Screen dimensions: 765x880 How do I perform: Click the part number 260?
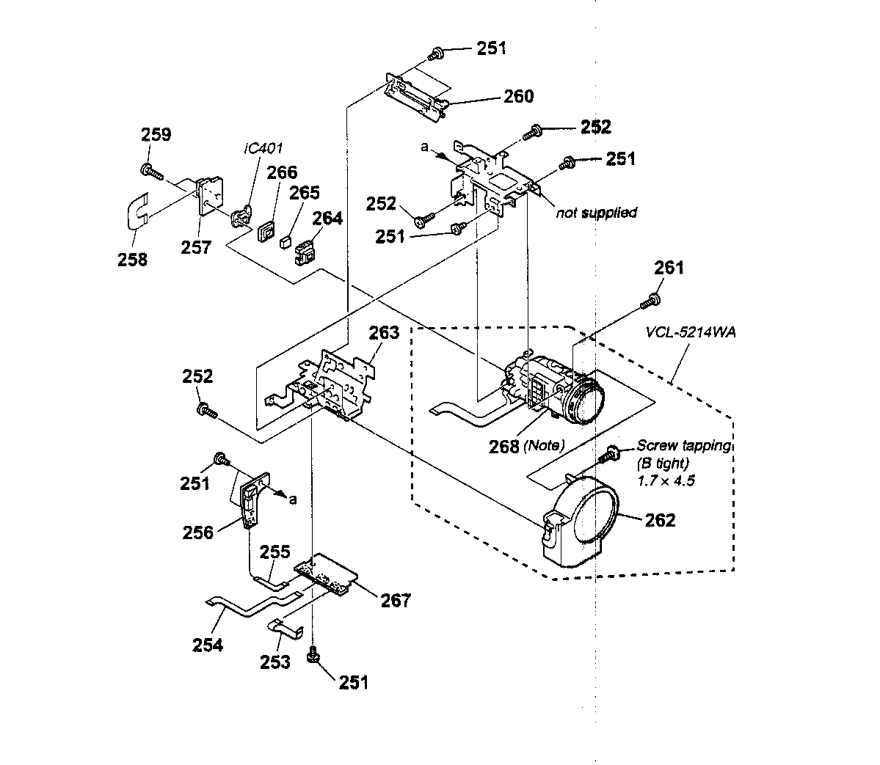[517, 97]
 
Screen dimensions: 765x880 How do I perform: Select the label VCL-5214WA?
[691, 332]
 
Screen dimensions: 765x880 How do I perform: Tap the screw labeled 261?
[650, 301]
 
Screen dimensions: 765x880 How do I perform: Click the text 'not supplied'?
[596, 213]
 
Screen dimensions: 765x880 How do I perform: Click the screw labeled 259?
[150, 170]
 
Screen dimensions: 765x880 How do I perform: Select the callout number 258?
[132, 259]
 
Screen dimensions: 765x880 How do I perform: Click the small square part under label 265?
[286, 239]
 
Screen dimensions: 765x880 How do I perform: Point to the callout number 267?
[396, 600]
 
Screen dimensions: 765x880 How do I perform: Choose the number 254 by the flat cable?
[208, 645]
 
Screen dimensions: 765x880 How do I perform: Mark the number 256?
[198, 532]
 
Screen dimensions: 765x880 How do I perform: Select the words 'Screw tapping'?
[683, 445]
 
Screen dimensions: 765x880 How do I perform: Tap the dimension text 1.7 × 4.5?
[666, 481]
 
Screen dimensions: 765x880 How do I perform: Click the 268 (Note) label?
[527, 444]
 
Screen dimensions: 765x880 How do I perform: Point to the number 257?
[196, 247]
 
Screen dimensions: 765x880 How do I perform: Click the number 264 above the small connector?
[327, 219]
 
